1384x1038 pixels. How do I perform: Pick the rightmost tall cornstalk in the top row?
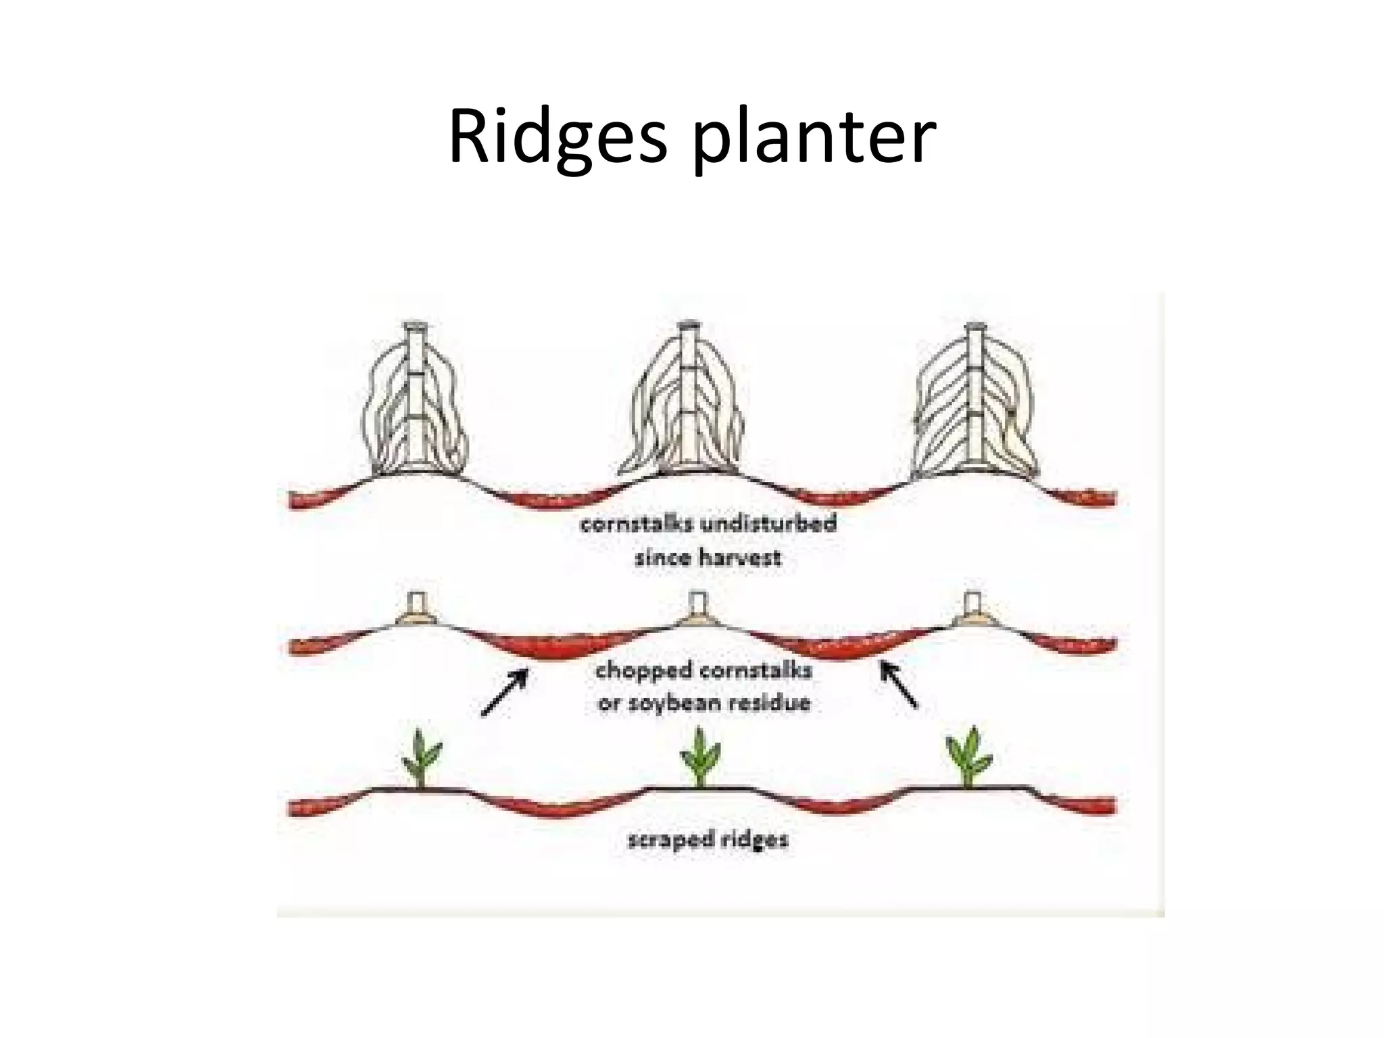974,405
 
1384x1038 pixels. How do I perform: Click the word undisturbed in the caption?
769,524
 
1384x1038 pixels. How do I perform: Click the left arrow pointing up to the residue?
504,691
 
